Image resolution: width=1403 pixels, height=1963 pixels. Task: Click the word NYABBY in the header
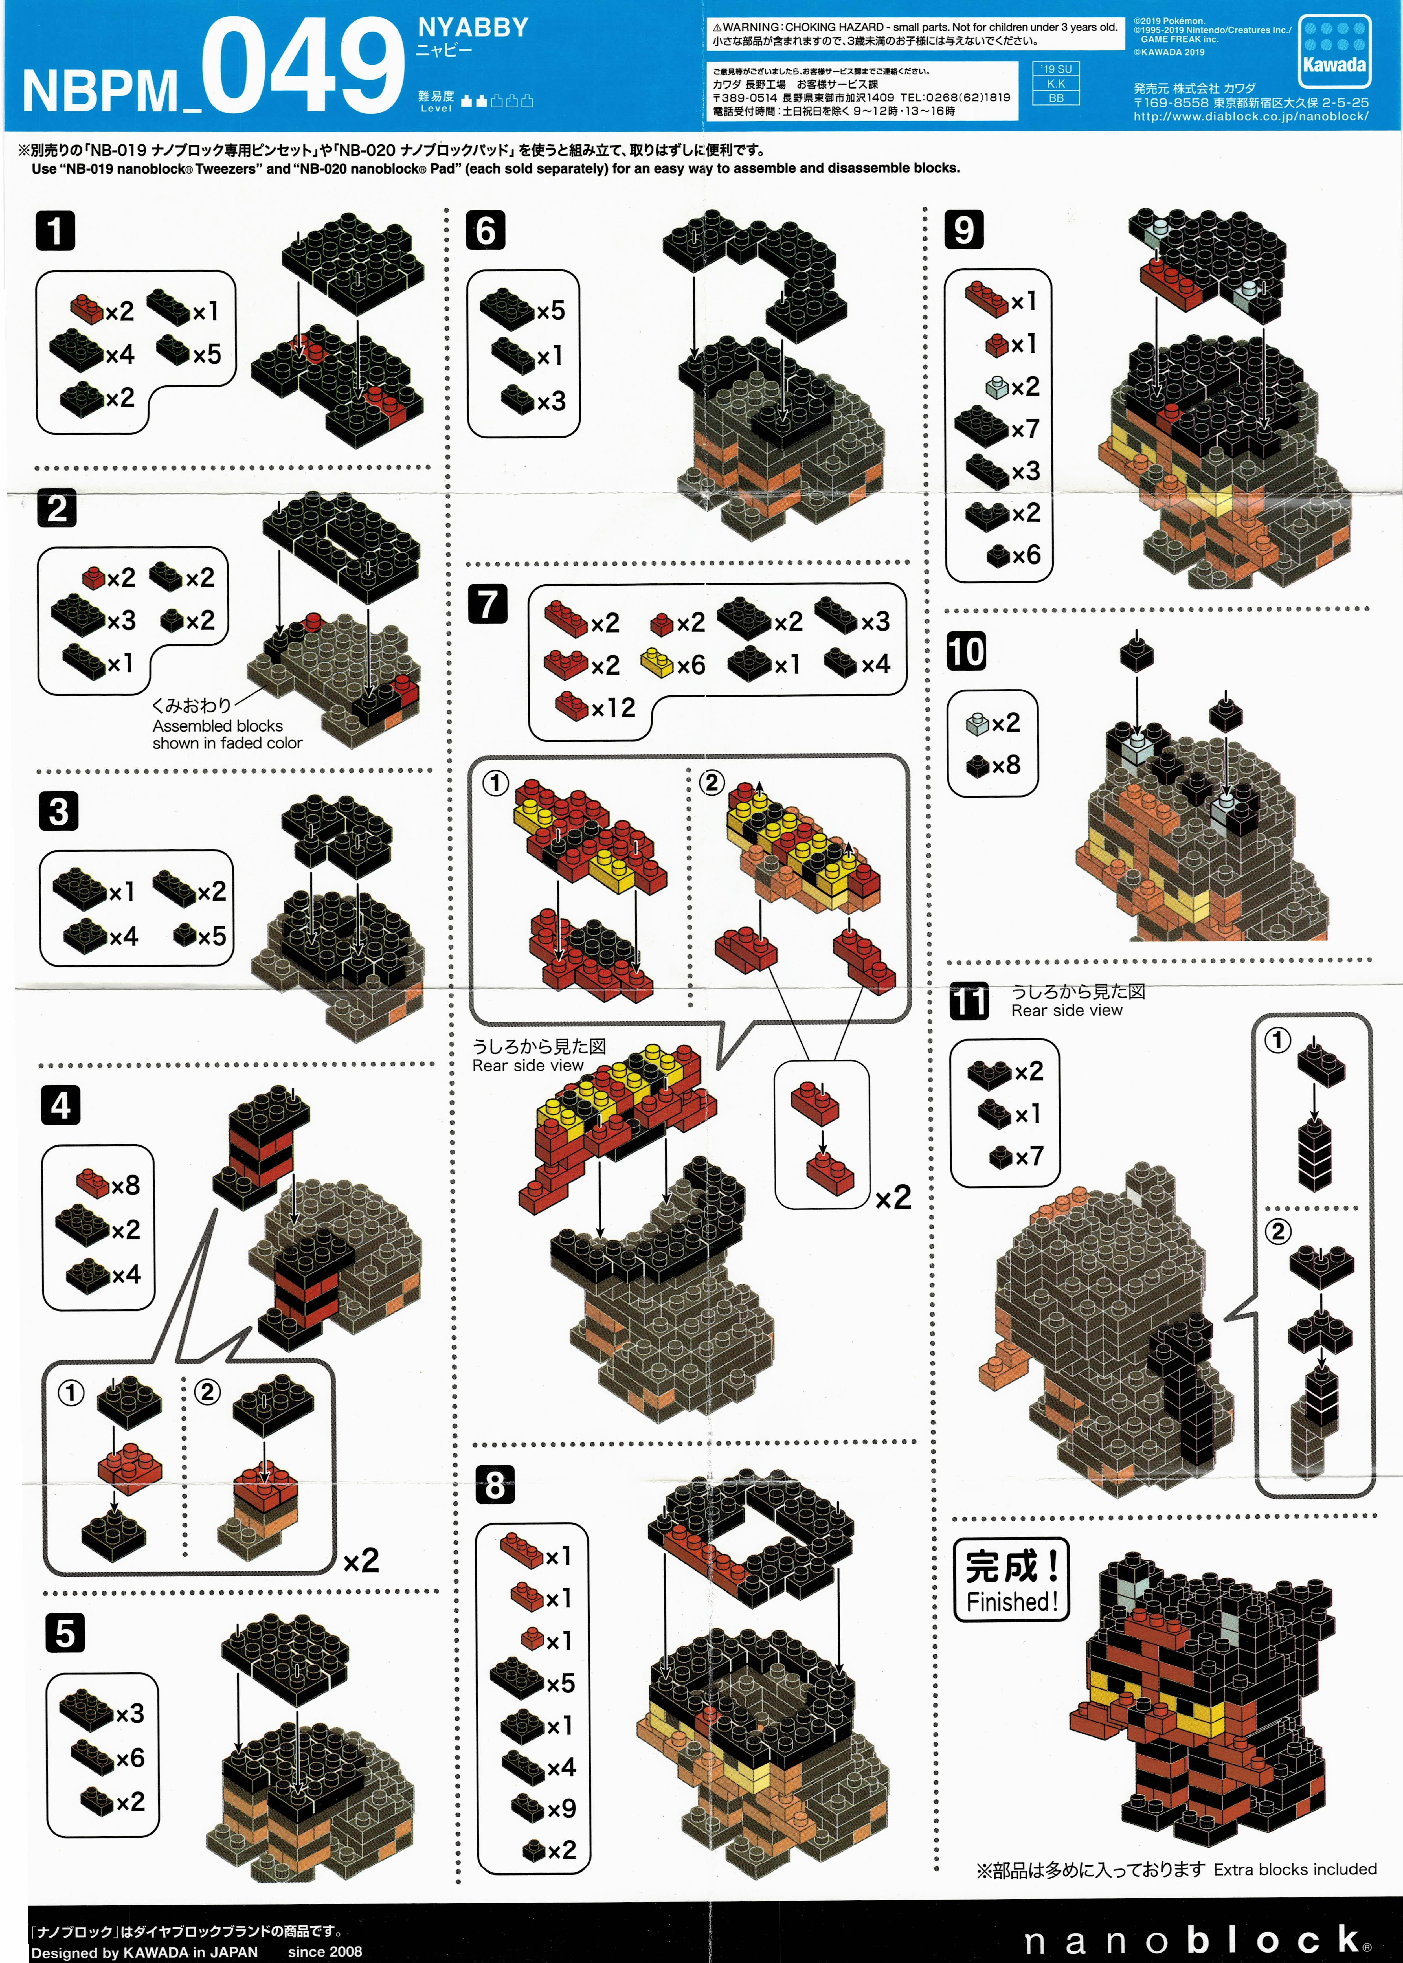(473, 28)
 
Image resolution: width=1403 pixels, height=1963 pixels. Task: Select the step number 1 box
(55, 232)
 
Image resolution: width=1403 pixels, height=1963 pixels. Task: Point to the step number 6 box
(486, 231)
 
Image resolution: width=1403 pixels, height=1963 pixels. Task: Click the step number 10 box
(966, 651)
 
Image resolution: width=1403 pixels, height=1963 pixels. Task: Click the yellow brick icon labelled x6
(657, 664)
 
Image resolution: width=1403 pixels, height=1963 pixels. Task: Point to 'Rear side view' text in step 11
(1067, 1010)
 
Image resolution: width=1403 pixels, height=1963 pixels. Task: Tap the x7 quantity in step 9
(1026, 429)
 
